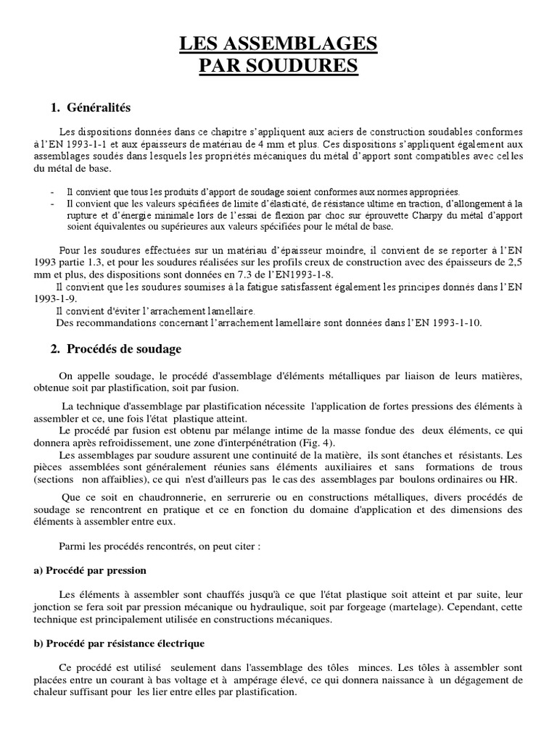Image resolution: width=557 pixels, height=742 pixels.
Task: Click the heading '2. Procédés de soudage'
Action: [x=116, y=349]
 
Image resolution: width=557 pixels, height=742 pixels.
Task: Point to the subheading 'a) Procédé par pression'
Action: [x=90, y=570]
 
